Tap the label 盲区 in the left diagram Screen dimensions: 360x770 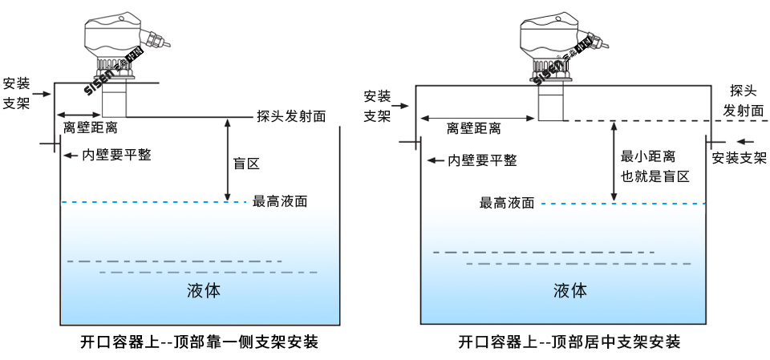coord(246,164)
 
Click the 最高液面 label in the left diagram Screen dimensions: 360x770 coord(280,201)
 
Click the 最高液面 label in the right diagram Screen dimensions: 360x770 coord(507,203)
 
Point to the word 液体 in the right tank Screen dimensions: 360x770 coord(569,290)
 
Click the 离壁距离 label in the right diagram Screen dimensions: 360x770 coord(473,128)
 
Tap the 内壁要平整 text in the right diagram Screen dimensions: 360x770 coord(482,160)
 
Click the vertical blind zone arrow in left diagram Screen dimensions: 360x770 coord(229,160)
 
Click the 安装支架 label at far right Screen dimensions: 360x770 coord(739,157)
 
